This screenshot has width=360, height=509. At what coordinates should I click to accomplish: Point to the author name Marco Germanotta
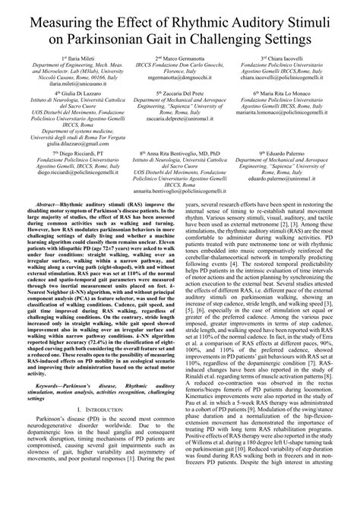(182, 58)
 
